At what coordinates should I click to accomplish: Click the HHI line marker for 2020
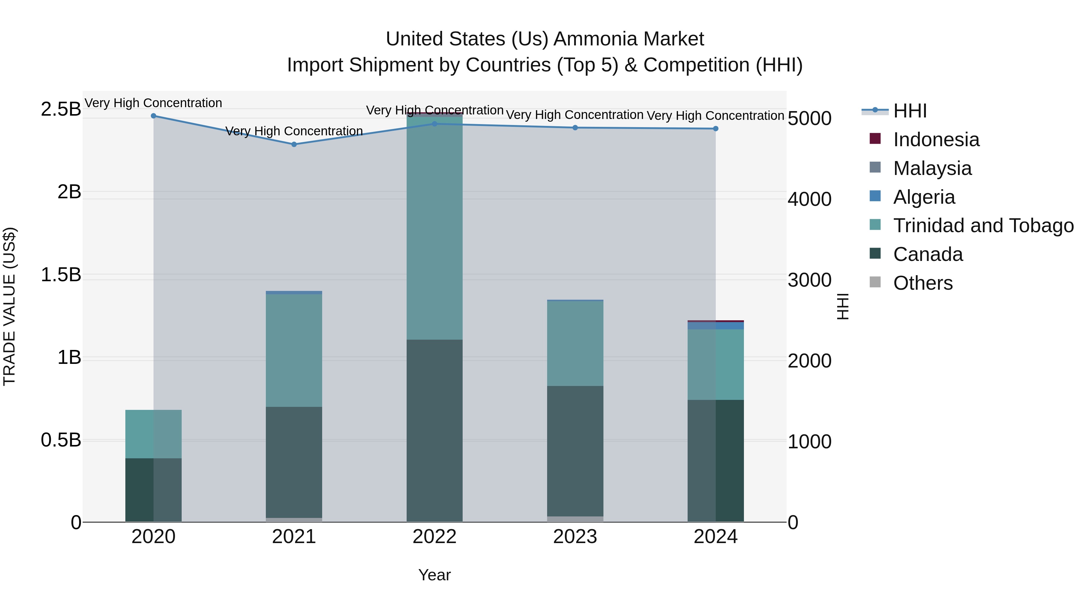[x=154, y=116]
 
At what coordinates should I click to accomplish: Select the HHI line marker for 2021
[x=294, y=144]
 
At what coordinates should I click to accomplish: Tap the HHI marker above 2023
[x=575, y=128]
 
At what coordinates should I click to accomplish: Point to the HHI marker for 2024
[x=715, y=129]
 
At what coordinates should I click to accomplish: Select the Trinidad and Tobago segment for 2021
[x=294, y=350]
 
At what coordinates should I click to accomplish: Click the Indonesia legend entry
[x=936, y=140]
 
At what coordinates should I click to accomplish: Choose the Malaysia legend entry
[x=932, y=168]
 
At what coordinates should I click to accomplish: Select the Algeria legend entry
[x=924, y=197]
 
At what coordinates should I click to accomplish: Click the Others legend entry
[x=923, y=283]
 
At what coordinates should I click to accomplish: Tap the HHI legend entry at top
[x=910, y=111]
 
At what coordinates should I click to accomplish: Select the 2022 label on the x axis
[x=434, y=537]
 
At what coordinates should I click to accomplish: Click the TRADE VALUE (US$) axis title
[x=9, y=306]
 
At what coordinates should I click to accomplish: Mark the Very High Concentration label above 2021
[x=294, y=131]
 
